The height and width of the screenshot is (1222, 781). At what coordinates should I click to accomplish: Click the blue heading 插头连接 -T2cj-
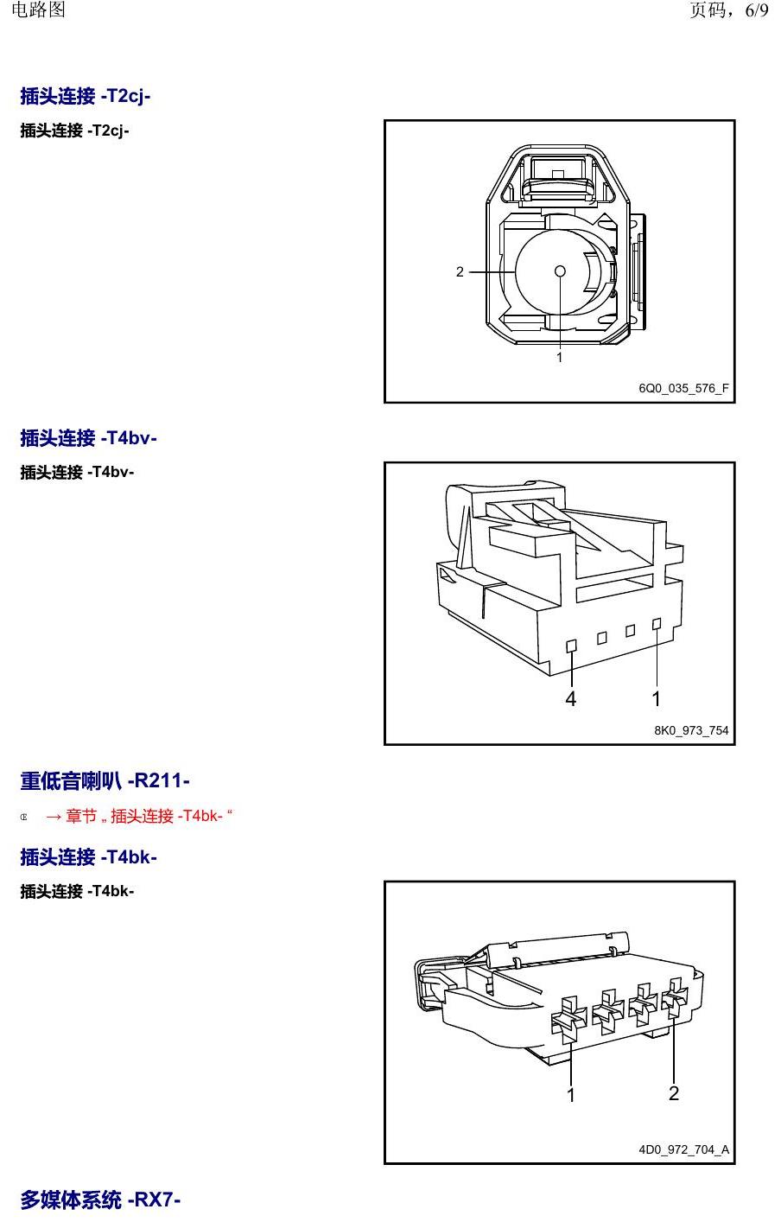(x=85, y=96)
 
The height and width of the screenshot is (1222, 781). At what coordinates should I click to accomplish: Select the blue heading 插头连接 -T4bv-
(x=88, y=438)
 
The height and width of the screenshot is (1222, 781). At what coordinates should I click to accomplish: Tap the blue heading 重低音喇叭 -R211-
(x=105, y=780)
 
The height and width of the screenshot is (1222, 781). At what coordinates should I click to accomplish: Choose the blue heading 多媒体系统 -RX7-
(x=100, y=1200)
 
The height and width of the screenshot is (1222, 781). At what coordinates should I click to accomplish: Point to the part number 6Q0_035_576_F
(x=683, y=388)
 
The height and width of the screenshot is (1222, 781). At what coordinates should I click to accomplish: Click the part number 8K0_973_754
(x=691, y=730)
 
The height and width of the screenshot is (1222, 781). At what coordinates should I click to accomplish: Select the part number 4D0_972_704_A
(x=684, y=1150)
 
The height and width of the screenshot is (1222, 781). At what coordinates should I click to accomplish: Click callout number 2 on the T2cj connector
(x=460, y=271)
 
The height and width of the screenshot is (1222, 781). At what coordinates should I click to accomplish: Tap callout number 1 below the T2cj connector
(x=559, y=357)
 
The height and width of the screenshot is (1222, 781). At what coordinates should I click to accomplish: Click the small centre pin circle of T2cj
(x=560, y=271)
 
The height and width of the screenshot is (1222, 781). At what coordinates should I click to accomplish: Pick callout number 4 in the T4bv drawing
(x=570, y=699)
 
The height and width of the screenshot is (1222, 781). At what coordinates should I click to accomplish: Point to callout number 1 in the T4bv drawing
(x=656, y=699)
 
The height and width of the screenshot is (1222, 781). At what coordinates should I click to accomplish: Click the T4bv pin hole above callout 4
(x=572, y=646)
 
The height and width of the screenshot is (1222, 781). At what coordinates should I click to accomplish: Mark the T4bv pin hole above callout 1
(x=657, y=624)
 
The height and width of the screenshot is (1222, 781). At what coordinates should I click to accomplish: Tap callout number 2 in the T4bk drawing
(x=674, y=1093)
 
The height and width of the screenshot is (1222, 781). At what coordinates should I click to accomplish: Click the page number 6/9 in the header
(x=757, y=10)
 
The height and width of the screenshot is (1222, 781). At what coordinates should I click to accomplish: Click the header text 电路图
(x=38, y=10)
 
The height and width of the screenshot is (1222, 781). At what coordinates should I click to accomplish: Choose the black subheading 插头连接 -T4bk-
(x=77, y=891)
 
